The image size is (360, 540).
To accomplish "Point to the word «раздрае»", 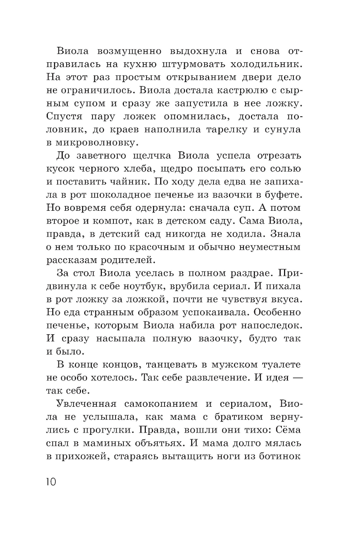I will tap(247, 273).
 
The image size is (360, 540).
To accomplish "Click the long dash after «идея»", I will tap(296, 378).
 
